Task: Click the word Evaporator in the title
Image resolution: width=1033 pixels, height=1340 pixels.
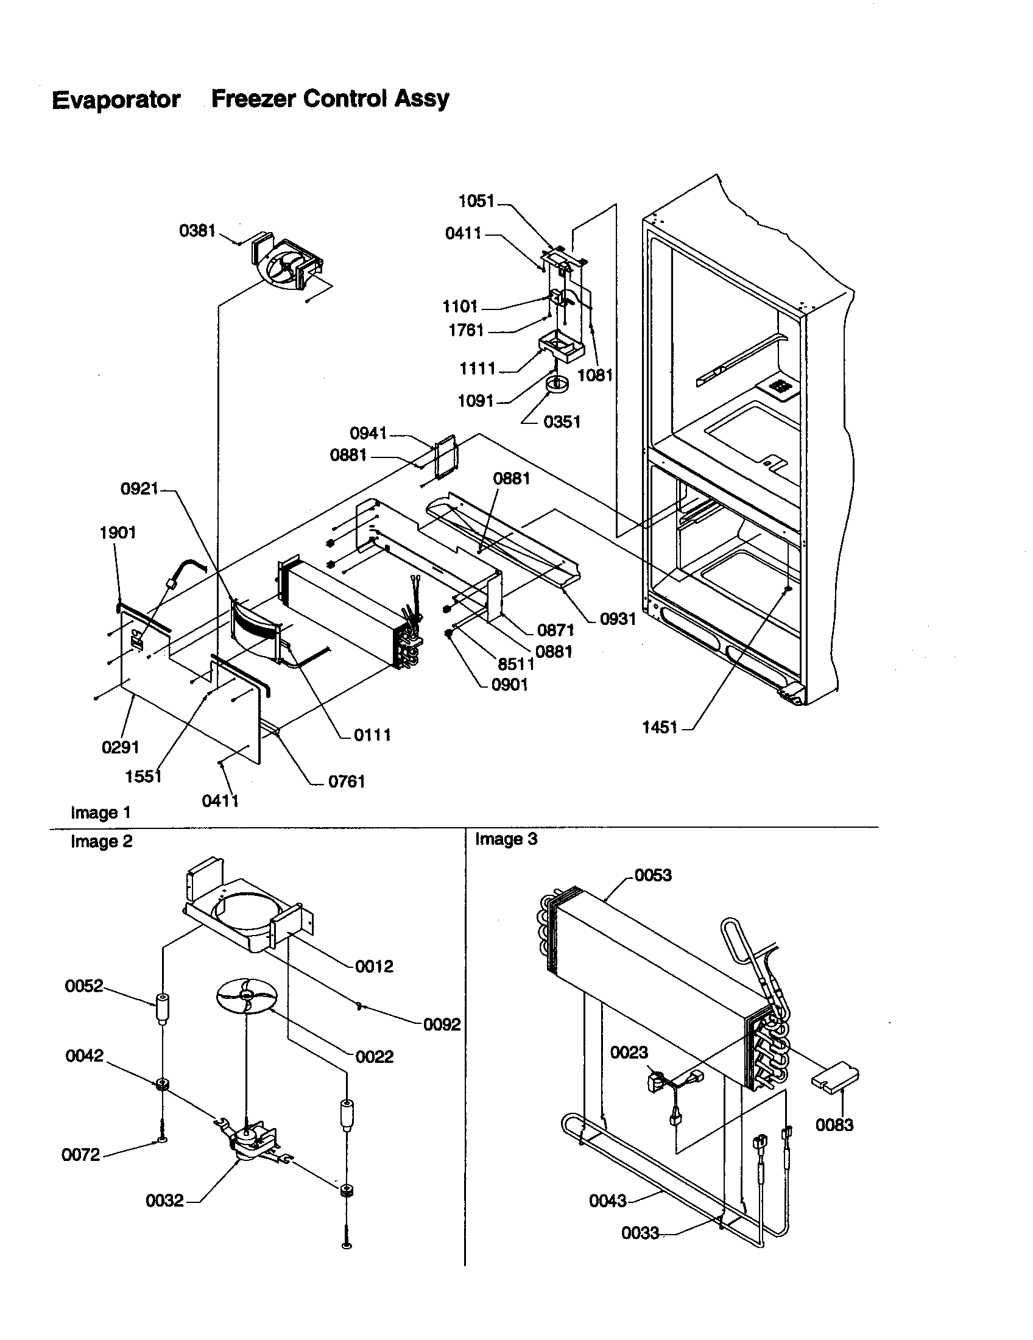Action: (116, 99)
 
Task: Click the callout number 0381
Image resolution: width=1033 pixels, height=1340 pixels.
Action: (197, 231)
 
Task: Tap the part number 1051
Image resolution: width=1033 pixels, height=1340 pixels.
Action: (476, 200)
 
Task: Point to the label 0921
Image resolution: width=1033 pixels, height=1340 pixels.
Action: (139, 488)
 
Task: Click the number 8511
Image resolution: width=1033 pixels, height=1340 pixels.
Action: (516, 665)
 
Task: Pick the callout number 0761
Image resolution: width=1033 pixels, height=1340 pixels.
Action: (347, 781)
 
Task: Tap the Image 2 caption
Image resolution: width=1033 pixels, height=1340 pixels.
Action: (101, 841)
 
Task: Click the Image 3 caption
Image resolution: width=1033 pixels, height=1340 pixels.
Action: (506, 839)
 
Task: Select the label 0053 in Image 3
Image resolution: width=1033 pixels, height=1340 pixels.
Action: (653, 875)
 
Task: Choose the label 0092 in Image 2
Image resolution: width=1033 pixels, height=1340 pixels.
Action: (442, 1024)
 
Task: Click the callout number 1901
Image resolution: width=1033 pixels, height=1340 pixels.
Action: (118, 532)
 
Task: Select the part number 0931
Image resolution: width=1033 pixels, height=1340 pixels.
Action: (618, 619)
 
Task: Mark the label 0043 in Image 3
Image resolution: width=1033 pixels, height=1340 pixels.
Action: (607, 1201)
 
